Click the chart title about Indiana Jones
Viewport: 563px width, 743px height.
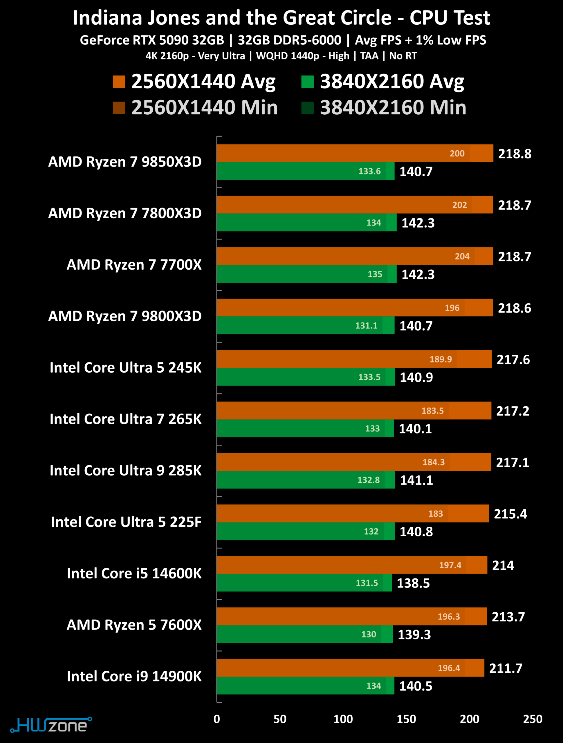281,17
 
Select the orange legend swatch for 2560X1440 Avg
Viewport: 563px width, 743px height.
119,82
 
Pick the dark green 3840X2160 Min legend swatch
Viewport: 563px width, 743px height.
307,108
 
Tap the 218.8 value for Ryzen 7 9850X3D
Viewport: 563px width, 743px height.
515,154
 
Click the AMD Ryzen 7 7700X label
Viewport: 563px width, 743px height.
134,265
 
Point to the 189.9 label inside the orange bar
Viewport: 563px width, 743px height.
441,359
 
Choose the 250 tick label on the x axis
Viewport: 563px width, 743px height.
533,719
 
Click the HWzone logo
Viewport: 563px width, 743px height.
51,725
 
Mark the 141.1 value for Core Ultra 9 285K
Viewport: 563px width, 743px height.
416,480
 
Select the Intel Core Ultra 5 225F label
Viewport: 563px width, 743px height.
126,522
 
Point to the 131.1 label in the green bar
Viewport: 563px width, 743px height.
367,325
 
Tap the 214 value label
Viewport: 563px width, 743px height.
503,565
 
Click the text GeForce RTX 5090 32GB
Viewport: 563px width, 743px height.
152,40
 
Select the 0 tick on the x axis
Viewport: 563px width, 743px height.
217,719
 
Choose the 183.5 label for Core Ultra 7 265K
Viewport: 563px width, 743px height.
433,411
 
